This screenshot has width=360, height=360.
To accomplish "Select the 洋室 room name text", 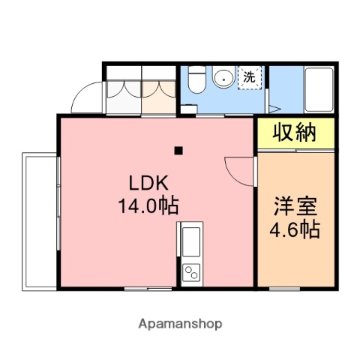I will click(x=295, y=206).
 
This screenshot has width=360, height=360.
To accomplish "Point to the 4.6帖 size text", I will click(x=295, y=229).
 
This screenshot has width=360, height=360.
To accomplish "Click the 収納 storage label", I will click(x=293, y=134).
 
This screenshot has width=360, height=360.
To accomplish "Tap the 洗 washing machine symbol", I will click(x=249, y=77).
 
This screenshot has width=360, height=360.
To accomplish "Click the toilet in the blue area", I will click(x=196, y=79).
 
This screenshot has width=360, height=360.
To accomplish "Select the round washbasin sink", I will click(x=223, y=77).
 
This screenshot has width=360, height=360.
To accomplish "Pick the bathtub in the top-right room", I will click(x=320, y=88).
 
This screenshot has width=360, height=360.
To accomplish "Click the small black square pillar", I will click(x=178, y=151).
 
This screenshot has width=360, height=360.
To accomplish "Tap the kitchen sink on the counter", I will click(x=189, y=242).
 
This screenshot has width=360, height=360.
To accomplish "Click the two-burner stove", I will click(x=190, y=271).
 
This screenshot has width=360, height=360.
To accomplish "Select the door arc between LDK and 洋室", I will click(x=236, y=169).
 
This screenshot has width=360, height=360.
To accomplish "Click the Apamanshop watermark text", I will click(x=180, y=324).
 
